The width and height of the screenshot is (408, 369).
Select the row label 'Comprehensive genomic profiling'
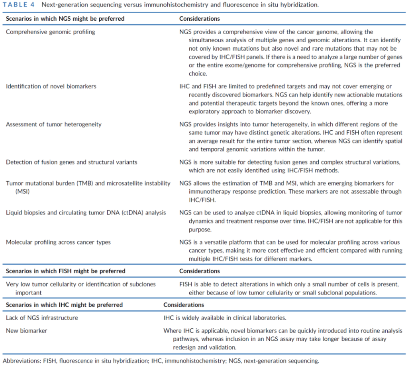click(x=51, y=32)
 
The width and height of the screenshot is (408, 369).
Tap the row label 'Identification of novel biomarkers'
click(x=51, y=86)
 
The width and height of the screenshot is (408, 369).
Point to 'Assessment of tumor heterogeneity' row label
click(x=54, y=124)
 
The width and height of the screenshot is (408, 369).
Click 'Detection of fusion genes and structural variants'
click(x=72, y=162)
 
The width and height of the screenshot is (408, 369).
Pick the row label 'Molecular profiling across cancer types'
click(x=58, y=242)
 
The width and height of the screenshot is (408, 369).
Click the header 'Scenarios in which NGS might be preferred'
click(x=65, y=19)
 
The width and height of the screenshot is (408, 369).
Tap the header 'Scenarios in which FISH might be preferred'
click(x=66, y=271)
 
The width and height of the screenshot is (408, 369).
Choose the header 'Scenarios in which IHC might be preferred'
click(x=65, y=305)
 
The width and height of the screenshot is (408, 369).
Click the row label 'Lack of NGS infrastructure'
click(x=42, y=318)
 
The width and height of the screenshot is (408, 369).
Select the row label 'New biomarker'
click(x=27, y=331)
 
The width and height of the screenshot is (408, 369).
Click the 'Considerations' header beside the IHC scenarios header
click(x=184, y=305)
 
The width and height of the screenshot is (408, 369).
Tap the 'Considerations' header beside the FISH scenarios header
click(x=199, y=271)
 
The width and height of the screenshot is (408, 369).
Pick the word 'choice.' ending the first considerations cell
click(x=198, y=73)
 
